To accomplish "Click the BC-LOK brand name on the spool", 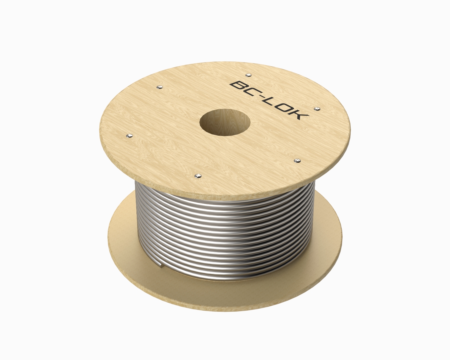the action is pos(269,100).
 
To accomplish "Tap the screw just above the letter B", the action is pos(248,75).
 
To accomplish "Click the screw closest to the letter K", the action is pos(317,108).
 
